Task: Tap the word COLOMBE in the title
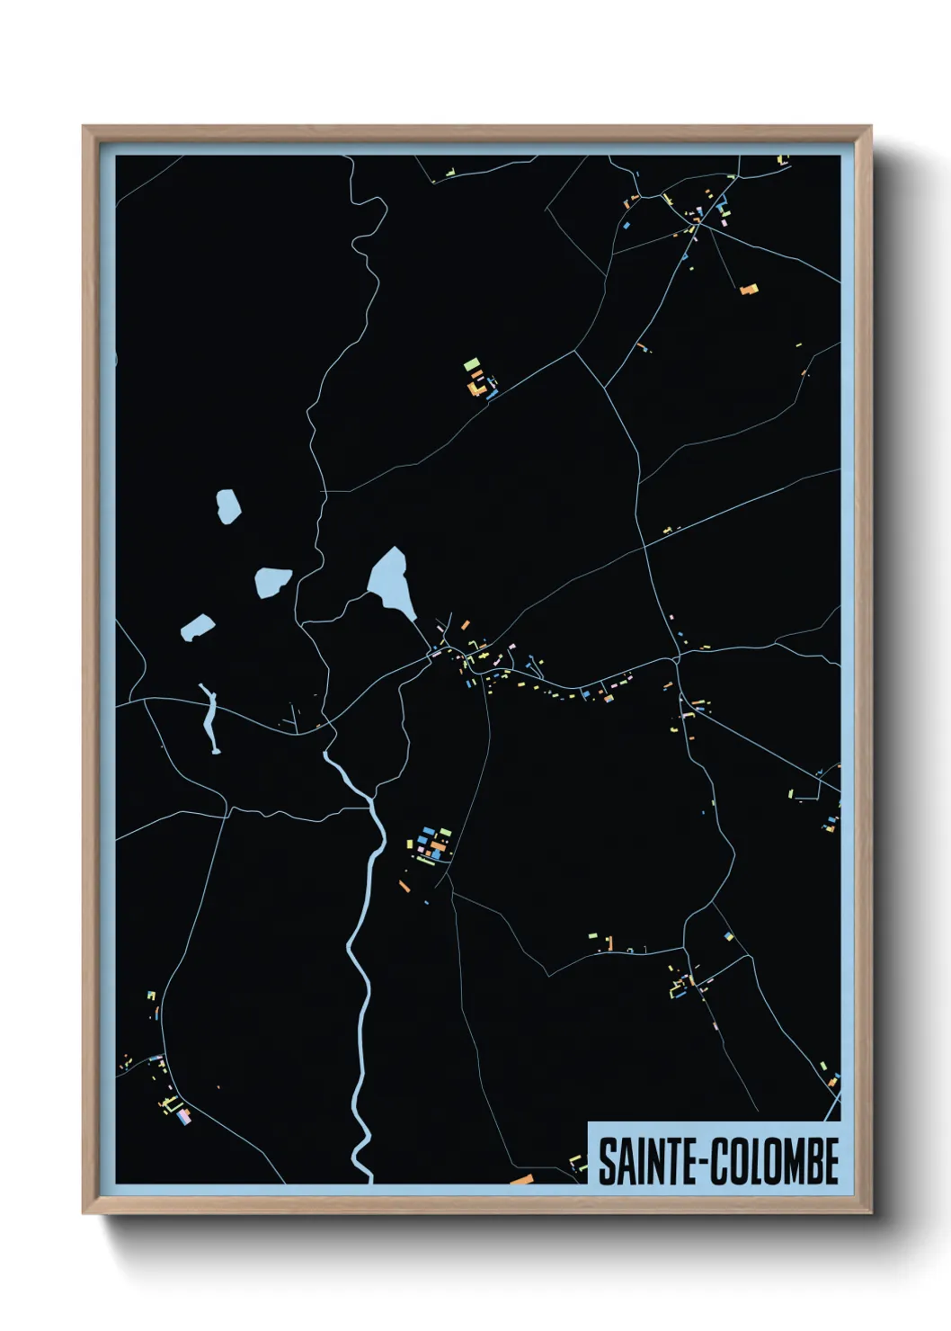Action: (775, 1162)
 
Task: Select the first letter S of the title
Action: (608, 1162)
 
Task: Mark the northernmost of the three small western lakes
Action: (228, 505)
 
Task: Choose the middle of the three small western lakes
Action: (272, 581)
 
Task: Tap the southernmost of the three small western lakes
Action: (197, 627)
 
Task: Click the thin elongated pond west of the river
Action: (211, 719)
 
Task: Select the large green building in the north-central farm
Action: (471, 364)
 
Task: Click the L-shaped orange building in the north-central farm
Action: (474, 388)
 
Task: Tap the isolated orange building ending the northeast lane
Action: (748, 289)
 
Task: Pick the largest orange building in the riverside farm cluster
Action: (438, 846)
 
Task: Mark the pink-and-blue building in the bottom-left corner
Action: (184, 1116)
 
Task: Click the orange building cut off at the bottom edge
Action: (521, 1179)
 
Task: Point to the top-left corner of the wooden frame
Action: (84, 128)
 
